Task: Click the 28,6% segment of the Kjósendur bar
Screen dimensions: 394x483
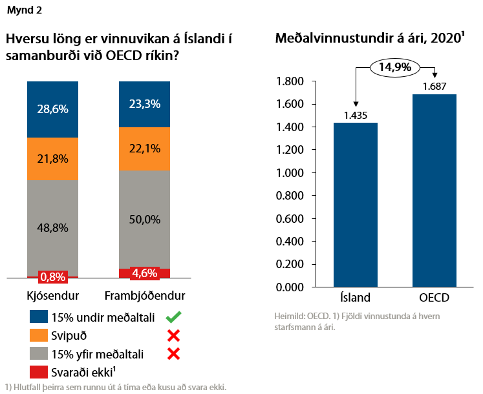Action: [52, 109]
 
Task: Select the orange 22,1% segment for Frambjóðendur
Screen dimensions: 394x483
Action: [144, 149]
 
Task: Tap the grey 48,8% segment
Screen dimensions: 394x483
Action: [52, 228]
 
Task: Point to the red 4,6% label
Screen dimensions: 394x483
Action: [144, 273]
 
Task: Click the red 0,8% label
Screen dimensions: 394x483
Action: [52, 277]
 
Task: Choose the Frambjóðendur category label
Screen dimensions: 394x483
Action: [145, 296]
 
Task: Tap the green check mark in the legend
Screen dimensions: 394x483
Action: [172, 317]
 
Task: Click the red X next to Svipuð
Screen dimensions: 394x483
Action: [173, 335]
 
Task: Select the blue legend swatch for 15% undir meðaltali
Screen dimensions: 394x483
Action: [39, 317]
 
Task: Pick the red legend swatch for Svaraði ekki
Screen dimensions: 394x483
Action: [39, 371]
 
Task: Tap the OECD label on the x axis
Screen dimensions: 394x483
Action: [435, 298]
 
